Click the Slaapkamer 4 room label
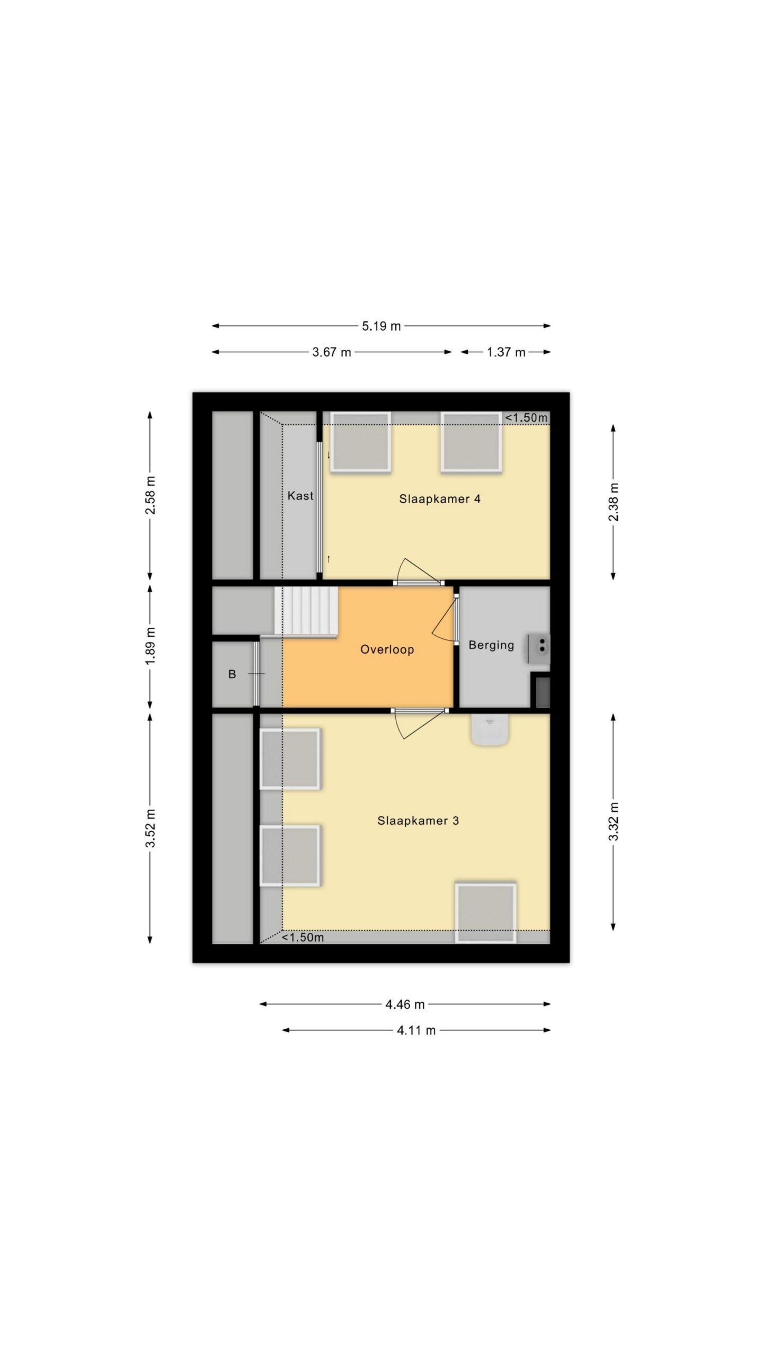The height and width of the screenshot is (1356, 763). click(x=440, y=499)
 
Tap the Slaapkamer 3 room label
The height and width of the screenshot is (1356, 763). click(x=418, y=821)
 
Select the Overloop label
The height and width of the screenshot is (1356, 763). click(x=387, y=650)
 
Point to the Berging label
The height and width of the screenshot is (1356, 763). click(x=491, y=646)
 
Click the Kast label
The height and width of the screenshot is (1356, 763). click(x=300, y=496)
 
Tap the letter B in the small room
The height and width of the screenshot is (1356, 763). click(x=232, y=674)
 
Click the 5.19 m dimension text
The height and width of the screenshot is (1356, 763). click(x=381, y=326)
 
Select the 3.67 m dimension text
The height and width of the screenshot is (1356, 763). click(x=332, y=352)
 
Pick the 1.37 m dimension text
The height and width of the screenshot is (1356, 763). click(x=507, y=352)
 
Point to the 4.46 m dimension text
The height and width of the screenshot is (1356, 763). click(x=405, y=1004)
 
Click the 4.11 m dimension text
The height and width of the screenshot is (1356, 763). click(x=416, y=1030)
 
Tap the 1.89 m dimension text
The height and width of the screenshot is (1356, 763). click(x=150, y=646)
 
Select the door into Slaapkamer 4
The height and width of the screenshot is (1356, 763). click(x=419, y=573)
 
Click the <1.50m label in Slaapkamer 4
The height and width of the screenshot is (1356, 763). click(x=526, y=418)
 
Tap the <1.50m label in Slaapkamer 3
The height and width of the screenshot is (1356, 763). click(x=303, y=952)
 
